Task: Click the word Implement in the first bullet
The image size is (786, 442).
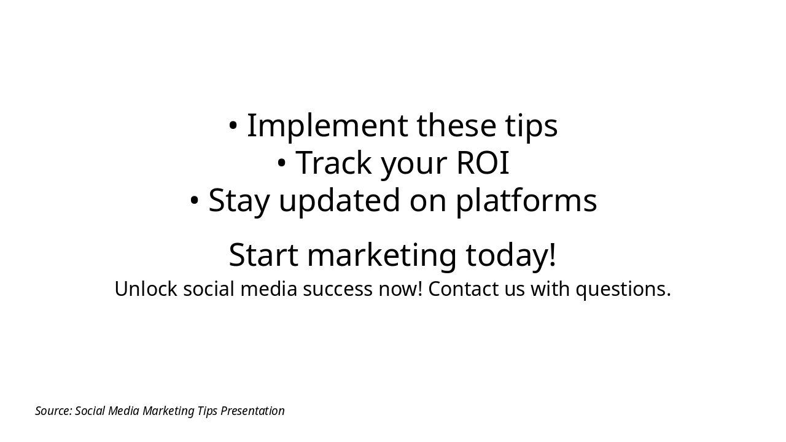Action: [x=328, y=126]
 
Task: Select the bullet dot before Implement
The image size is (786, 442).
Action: [x=233, y=126]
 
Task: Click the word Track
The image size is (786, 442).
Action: [x=333, y=163]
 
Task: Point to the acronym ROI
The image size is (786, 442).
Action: [x=483, y=163]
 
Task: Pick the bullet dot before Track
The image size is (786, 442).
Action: [x=281, y=163]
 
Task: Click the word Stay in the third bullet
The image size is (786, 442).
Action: [x=239, y=201]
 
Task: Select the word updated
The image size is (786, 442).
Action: [x=340, y=200]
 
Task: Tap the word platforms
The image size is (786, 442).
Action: [x=526, y=200]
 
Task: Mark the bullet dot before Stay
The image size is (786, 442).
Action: [x=194, y=200]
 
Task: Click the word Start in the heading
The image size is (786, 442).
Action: [x=263, y=255]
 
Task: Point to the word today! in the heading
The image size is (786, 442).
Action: [x=511, y=254]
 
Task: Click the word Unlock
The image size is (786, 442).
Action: [x=146, y=289]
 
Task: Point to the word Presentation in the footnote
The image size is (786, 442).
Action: [x=252, y=411]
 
